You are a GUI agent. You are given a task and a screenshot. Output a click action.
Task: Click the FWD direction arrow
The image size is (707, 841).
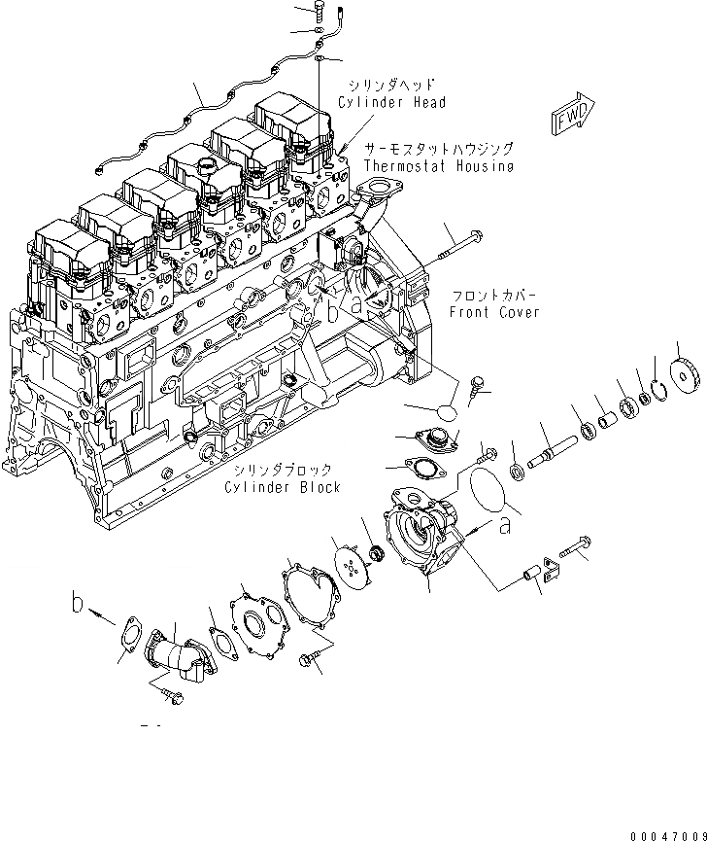pos(574,114)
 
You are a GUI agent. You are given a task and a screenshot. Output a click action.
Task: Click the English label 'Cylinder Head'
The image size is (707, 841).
pos(392,103)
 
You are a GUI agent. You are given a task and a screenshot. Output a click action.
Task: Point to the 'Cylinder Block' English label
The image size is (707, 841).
pos(284,486)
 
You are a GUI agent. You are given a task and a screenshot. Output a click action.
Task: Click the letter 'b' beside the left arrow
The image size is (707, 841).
pos(77,604)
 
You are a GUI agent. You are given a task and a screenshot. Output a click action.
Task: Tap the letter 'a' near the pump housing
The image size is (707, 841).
pos(503,526)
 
